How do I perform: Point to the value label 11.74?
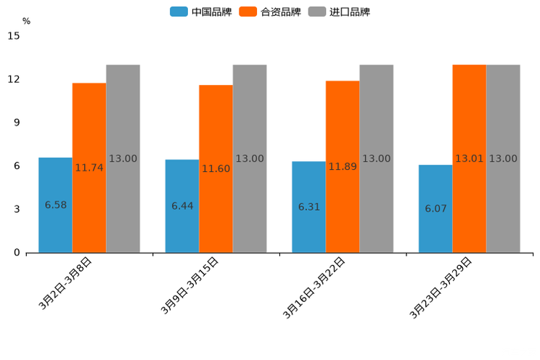tap(89, 168)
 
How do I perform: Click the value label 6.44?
tap(182, 206)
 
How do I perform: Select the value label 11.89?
tap(343, 167)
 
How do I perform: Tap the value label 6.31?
tap(309, 207)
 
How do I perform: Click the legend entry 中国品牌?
tap(201, 12)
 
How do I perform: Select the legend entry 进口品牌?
tap(340, 12)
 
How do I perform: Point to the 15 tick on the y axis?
tap(14, 36)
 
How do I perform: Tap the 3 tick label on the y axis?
tap(17, 209)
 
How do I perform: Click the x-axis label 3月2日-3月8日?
tap(66, 283)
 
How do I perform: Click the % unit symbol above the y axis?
tap(26, 22)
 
